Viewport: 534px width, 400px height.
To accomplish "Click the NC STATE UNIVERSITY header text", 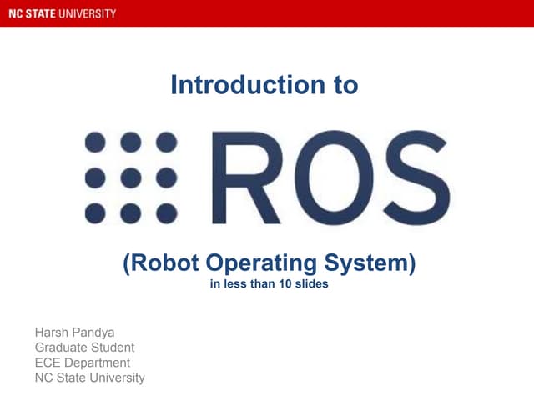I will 63,13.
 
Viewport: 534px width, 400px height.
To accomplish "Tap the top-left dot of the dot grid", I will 95,142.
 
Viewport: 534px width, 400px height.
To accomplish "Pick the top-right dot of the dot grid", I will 167,142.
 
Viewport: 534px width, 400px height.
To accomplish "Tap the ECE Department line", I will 82,362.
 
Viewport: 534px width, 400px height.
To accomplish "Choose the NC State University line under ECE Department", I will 89,377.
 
